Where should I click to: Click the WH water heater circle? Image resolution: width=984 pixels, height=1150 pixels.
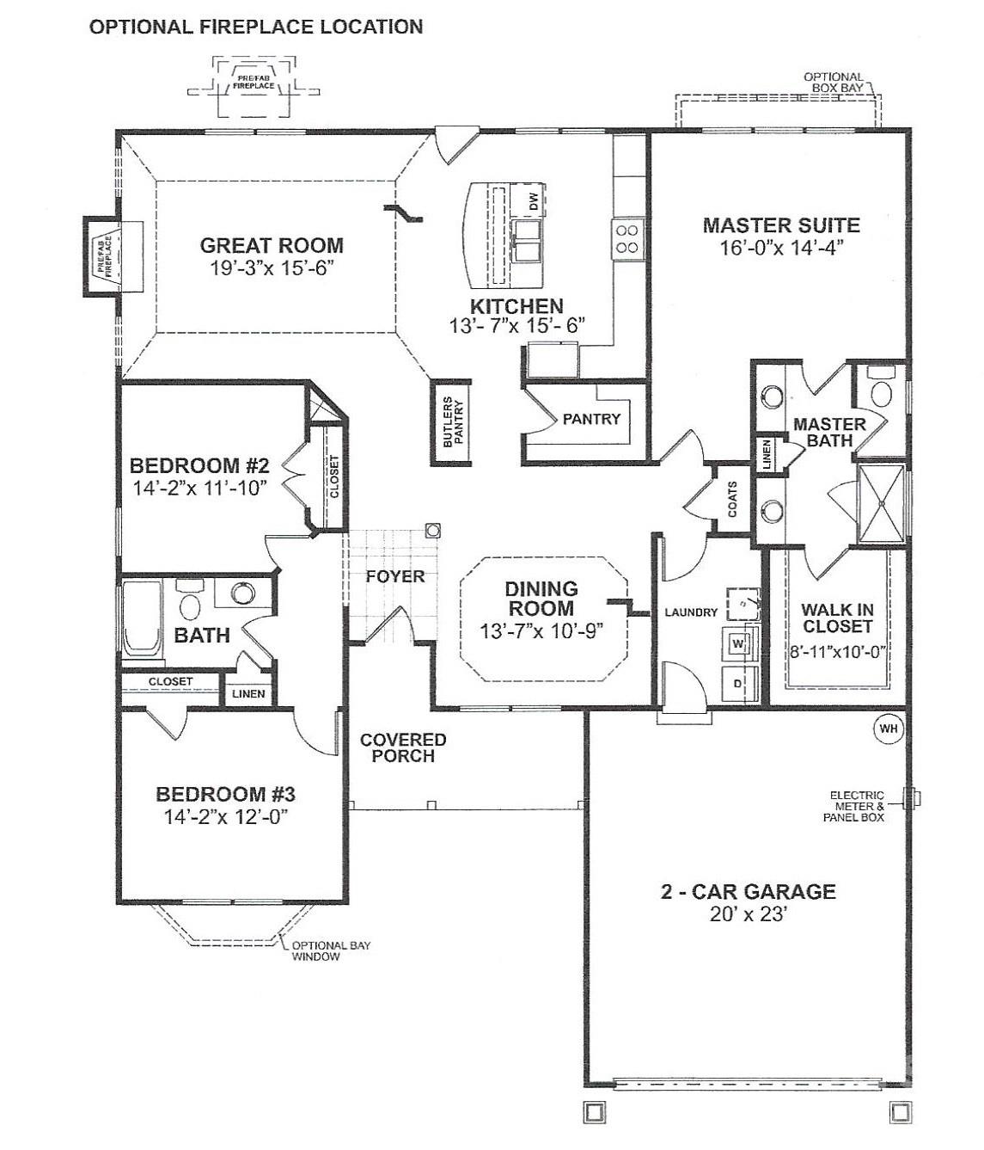(x=889, y=729)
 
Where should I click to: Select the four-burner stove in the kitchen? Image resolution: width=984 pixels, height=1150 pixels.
(x=626, y=239)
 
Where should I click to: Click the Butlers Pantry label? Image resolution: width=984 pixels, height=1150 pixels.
(x=452, y=422)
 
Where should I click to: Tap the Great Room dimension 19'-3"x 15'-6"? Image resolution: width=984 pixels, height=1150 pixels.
(x=271, y=268)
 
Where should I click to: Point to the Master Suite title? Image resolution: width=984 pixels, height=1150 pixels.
(x=780, y=225)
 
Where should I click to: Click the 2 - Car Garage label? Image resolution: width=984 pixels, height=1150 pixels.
(x=748, y=891)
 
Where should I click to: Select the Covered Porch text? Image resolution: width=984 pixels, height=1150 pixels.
(x=402, y=747)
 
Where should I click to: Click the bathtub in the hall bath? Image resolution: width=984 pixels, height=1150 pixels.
(x=142, y=619)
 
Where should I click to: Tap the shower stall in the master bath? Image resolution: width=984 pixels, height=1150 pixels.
(x=880, y=504)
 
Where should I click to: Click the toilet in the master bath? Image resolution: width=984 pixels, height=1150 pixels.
(x=880, y=391)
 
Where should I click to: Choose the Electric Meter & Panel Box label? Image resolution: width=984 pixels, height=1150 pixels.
(x=856, y=806)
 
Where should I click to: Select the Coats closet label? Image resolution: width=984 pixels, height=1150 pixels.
(x=732, y=499)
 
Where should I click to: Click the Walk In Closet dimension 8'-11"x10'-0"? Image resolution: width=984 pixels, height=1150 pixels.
(x=838, y=652)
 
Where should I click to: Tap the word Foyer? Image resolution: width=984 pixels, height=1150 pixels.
(x=395, y=576)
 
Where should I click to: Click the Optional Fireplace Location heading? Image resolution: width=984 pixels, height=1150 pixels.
(x=256, y=27)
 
